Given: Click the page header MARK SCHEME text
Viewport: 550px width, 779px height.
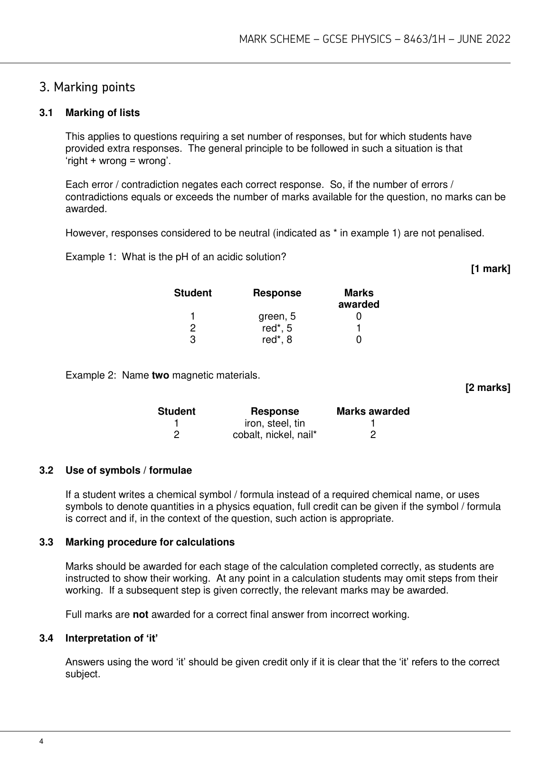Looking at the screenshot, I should (x=375, y=39).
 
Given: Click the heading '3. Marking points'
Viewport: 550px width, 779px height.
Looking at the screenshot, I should (x=87, y=88).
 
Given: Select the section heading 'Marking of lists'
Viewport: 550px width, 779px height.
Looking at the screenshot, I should (x=103, y=113).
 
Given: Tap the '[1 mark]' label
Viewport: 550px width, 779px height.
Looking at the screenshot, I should (x=490, y=269).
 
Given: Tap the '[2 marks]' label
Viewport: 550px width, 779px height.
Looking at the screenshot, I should (x=488, y=388).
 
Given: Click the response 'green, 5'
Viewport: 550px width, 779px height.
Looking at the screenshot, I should (x=277, y=316).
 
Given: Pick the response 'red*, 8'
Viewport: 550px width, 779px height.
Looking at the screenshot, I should (x=277, y=340).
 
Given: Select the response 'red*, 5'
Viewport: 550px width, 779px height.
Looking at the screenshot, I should (x=277, y=328).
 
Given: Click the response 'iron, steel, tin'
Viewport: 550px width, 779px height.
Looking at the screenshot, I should (x=275, y=423).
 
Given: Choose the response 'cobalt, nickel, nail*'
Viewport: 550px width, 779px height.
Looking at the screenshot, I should (x=275, y=435).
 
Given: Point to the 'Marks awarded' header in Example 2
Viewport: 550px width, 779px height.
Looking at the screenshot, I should (x=373, y=411).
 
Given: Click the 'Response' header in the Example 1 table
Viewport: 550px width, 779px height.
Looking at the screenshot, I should (x=277, y=293).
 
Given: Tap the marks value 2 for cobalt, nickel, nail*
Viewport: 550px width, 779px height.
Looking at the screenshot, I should (x=373, y=435).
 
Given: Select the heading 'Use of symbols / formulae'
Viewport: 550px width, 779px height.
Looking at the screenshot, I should (x=129, y=470).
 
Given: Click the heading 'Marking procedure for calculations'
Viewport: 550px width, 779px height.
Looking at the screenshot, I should (x=150, y=542).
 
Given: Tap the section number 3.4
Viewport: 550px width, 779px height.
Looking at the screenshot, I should (x=46, y=638).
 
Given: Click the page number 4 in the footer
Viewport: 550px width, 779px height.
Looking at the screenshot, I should (x=42, y=741).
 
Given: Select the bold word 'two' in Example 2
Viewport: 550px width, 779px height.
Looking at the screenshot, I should (x=160, y=375).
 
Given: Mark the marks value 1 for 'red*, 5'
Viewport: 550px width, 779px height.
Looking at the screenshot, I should (x=359, y=328).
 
